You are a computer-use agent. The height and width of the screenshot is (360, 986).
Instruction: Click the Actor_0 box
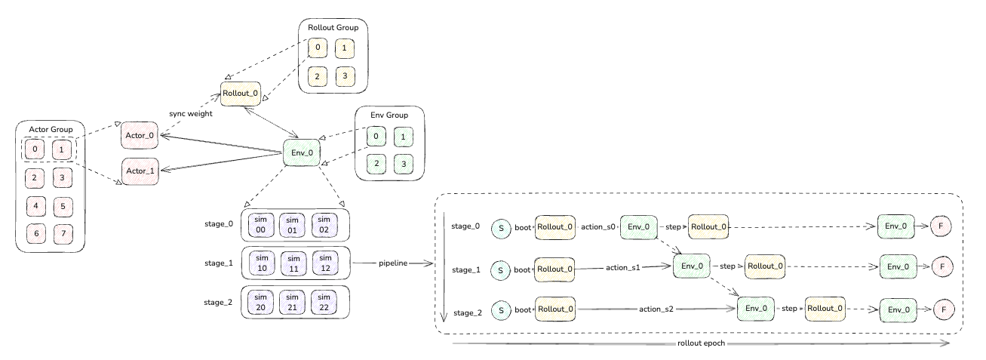point(140,135)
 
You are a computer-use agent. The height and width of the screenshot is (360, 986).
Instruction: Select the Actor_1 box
point(140,171)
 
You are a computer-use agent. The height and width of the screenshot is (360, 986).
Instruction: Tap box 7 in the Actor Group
point(63,234)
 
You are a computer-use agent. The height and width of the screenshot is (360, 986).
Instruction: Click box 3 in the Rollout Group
point(345,76)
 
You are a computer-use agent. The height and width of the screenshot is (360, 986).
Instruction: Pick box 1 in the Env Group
point(403,137)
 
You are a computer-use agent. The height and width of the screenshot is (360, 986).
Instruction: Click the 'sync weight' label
point(191,113)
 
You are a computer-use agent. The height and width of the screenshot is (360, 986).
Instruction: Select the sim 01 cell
point(292,225)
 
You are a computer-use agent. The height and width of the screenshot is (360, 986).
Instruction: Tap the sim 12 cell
point(325,263)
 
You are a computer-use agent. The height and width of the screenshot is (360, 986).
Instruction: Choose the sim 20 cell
point(260,303)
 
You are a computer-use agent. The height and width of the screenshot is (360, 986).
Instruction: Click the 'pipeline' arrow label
point(393,263)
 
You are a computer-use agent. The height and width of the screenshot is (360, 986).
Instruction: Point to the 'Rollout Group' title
point(333,27)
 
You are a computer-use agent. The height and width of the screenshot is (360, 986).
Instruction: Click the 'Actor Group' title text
point(51,129)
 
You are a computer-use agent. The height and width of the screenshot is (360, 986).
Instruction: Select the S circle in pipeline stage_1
point(500,270)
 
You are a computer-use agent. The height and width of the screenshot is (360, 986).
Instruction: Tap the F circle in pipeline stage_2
point(944,309)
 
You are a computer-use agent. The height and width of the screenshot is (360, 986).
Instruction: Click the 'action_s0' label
point(597,227)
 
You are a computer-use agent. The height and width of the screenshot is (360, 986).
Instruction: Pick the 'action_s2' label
point(656,309)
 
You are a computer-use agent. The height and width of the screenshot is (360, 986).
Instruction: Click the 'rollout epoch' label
point(701,343)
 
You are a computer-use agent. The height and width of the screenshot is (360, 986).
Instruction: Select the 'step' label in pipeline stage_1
point(727,266)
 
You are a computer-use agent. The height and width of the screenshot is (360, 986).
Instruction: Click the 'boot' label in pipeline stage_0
point(523,227)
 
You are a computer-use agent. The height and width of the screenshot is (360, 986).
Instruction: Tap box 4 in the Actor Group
point(36,206)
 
